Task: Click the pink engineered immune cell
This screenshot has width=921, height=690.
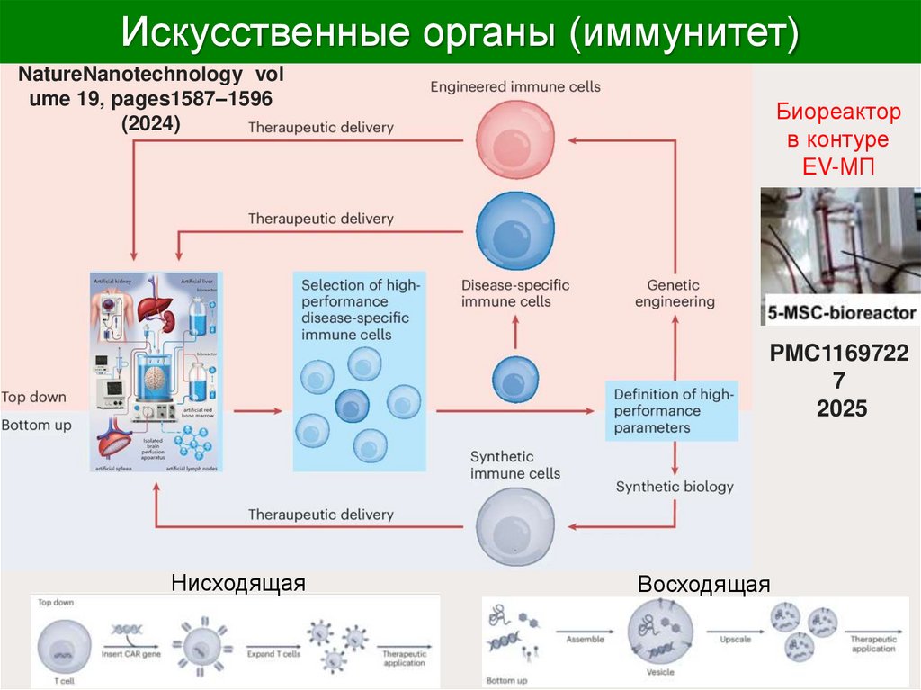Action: [514, 136]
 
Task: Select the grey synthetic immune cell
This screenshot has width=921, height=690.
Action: [514, 527]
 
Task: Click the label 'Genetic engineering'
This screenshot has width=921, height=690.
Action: [675, 293]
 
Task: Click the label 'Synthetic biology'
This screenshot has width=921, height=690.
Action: [675, 487]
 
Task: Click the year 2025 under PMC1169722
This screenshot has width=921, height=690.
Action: [842, 408]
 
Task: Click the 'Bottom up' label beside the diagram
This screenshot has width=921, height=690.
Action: [36, 425]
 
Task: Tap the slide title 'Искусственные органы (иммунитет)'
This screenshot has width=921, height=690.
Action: [460, 32]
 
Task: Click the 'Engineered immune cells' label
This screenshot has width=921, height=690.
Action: [514, 87]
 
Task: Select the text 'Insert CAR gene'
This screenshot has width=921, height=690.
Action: [132, 655]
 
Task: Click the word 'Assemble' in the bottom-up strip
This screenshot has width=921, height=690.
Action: [585, 640]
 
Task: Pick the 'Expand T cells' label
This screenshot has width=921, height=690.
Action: [273, 655]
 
